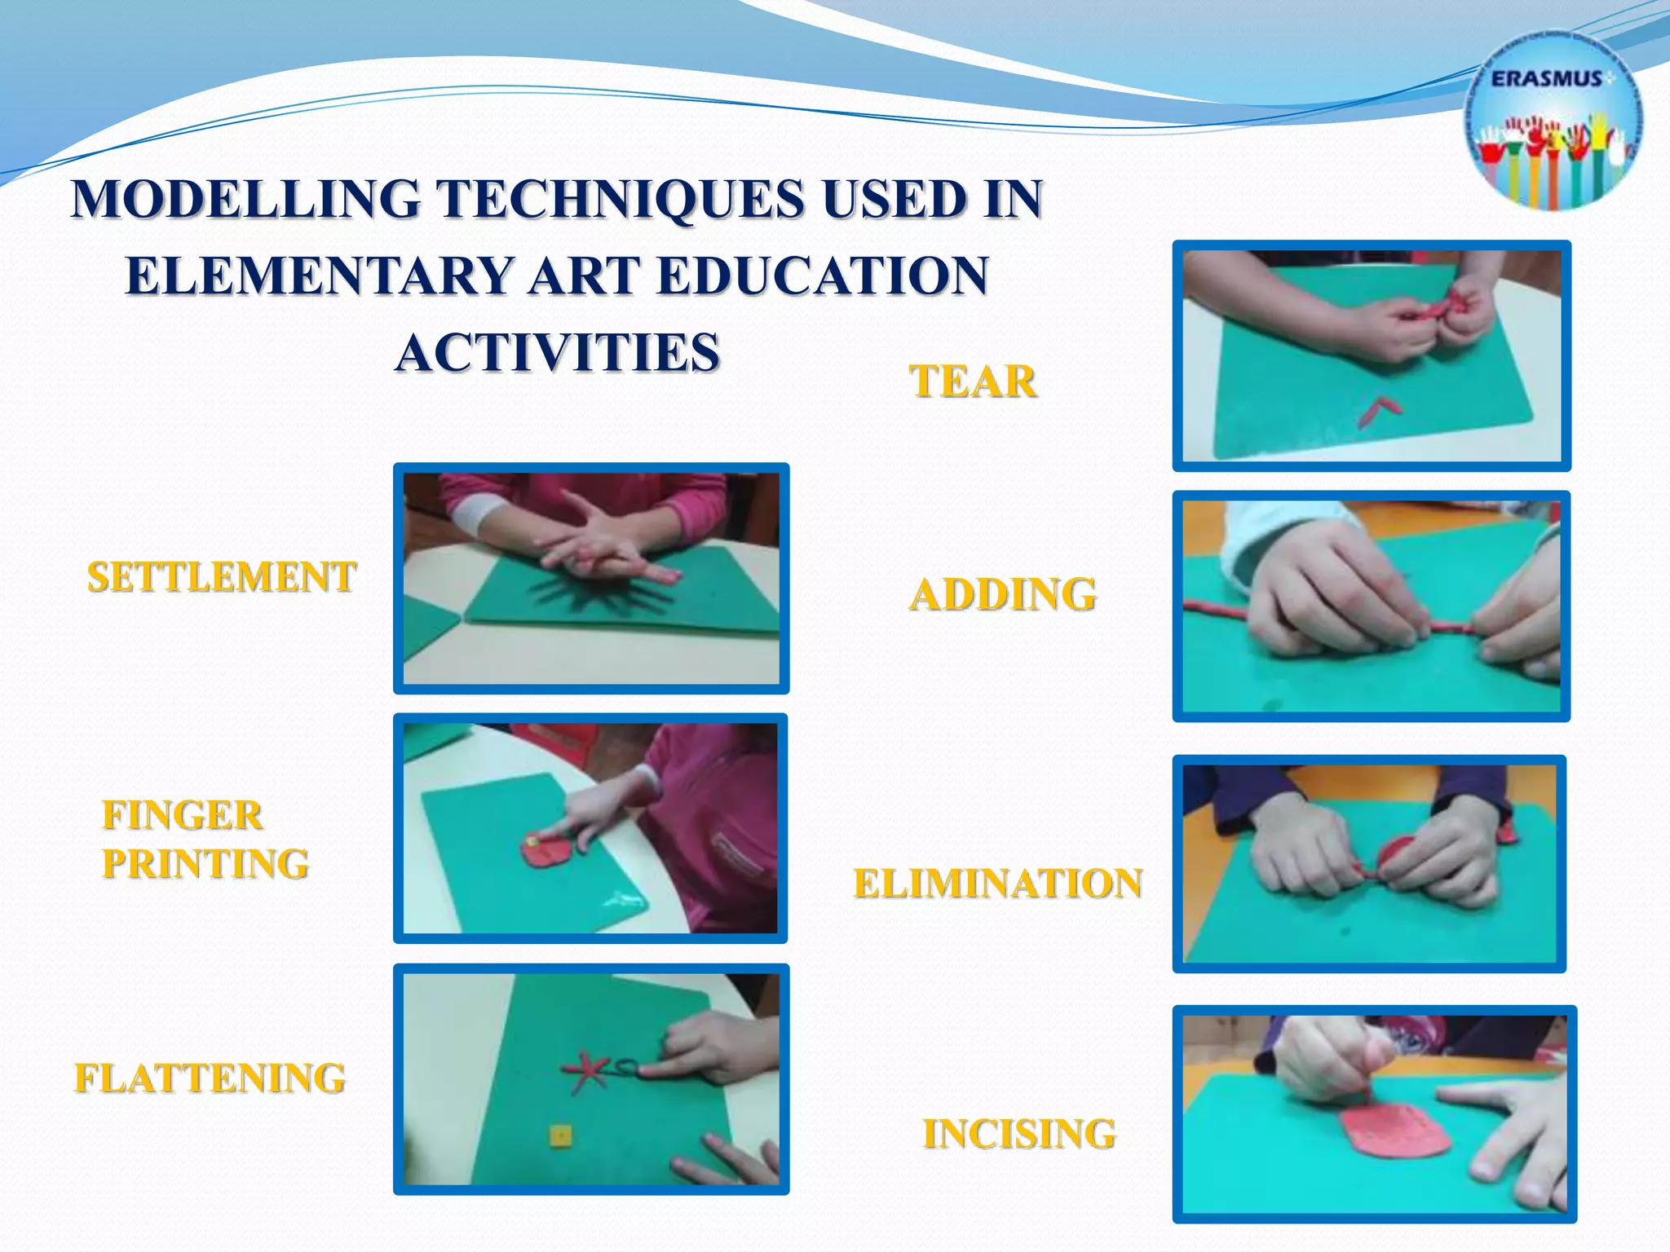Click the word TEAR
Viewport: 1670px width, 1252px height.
click(x=973, y=381)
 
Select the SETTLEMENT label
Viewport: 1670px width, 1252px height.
click(x=222, y=577)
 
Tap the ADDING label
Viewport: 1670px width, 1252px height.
click(x=1002, y=593)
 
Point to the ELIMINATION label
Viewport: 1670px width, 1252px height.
click(x=998, y=884)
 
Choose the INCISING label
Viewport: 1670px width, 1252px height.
click(x=1019, y=1134)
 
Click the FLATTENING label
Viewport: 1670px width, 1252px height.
click(x=210, y=1078)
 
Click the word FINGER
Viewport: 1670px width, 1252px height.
click(x=182, y=815)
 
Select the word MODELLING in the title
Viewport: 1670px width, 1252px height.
click(x=245, y=199)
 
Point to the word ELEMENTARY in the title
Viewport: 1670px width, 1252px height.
click(x=319, y=276)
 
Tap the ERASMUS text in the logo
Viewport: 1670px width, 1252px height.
click(x=1546, y=79)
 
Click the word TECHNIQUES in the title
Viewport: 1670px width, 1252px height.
click(x=620, y=199)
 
